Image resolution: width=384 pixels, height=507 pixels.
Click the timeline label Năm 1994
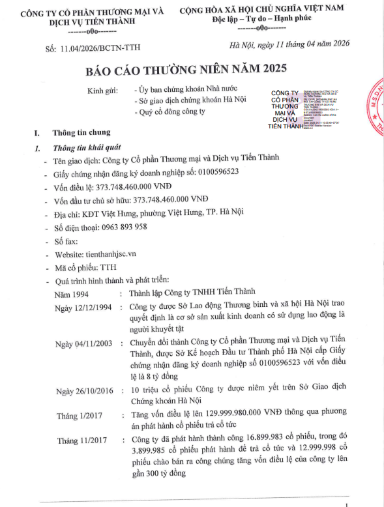click(72, 294)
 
